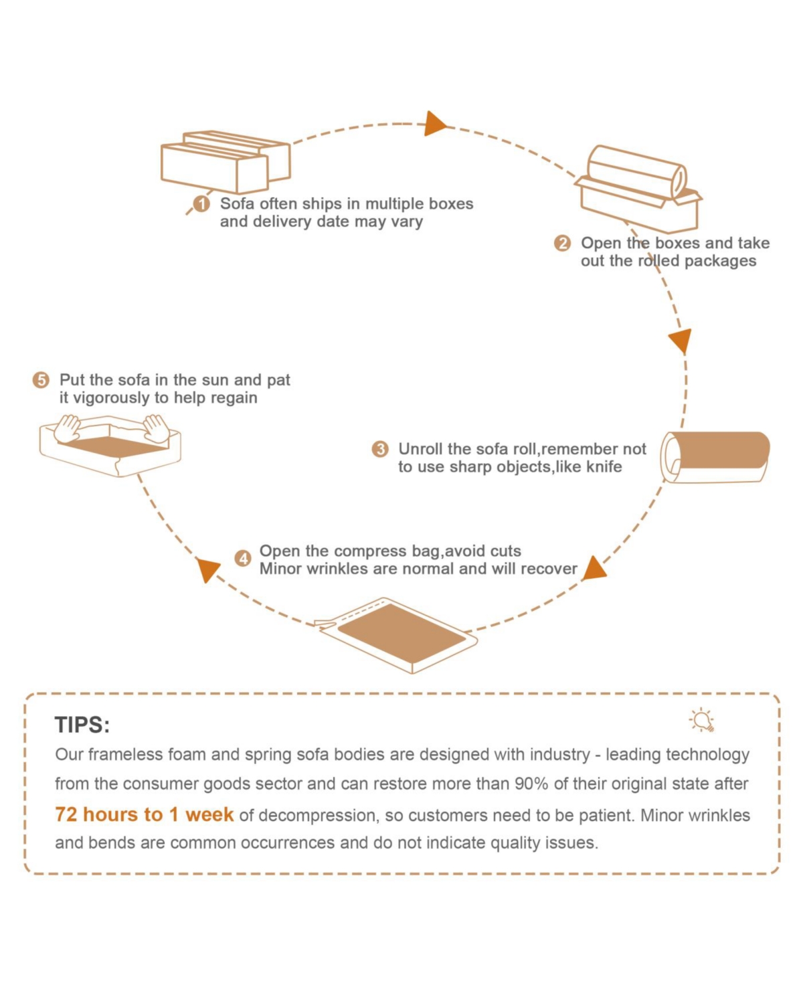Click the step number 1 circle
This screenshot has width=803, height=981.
click(201, 203)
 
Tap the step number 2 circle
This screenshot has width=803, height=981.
click(562, 243)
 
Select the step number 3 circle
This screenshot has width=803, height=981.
click(380, 449)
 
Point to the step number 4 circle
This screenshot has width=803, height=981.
click(243, 558)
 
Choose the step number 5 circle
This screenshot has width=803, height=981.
click(41, 380)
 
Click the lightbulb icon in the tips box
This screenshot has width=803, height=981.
click(702, 720)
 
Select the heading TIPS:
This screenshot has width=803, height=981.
click(82, 725)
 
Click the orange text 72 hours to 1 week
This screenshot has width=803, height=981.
click(144, 814)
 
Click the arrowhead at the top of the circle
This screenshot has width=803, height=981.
click(435, 124)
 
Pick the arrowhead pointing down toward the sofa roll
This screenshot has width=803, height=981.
click(680, 341)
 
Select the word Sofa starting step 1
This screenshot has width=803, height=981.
click(237, 203)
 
